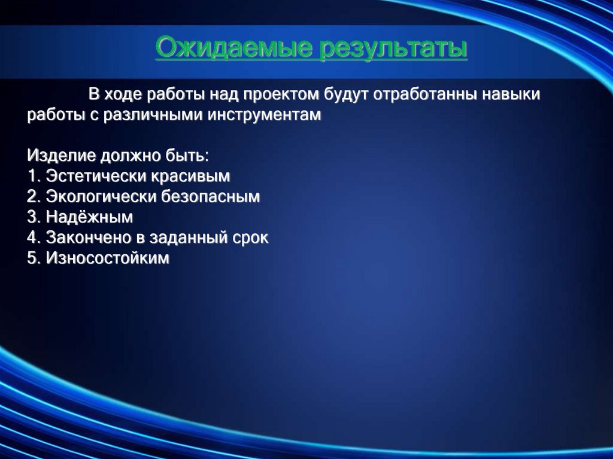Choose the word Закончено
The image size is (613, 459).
(89, 238)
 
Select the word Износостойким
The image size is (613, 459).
(107, 258)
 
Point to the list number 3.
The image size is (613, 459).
(32, 217)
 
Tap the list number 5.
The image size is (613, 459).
(32, 258)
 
